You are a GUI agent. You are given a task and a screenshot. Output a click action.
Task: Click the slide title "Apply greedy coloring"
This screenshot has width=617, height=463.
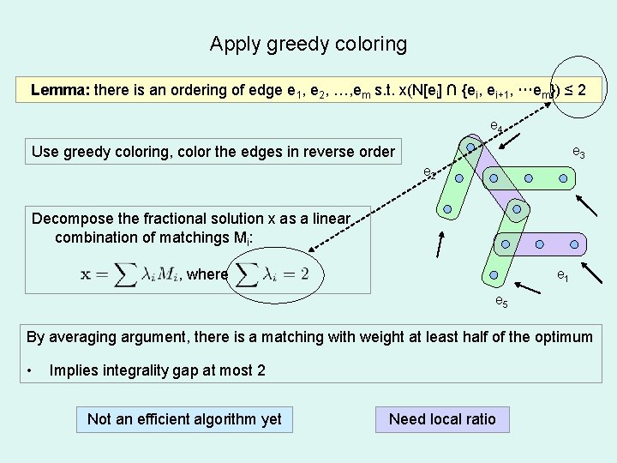[308, 44]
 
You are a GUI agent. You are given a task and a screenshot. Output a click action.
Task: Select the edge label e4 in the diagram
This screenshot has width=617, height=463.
[495, 127]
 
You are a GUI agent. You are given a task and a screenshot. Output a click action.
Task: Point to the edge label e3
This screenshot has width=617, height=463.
[578, 153]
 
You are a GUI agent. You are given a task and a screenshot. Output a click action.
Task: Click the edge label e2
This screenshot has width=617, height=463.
[429, 173]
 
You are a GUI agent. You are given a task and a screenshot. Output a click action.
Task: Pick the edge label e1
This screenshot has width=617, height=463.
[563, 277]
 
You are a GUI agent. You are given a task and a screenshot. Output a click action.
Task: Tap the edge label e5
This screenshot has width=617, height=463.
[502, 301]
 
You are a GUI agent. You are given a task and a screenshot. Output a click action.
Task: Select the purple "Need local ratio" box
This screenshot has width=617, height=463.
[442, 418]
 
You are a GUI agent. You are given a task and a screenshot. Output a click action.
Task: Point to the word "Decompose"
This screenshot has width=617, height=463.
[72, 219]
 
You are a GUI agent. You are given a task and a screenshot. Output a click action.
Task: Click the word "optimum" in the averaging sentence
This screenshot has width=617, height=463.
[560, 337]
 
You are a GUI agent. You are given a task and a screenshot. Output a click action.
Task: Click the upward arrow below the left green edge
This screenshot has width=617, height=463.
[440, 244]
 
